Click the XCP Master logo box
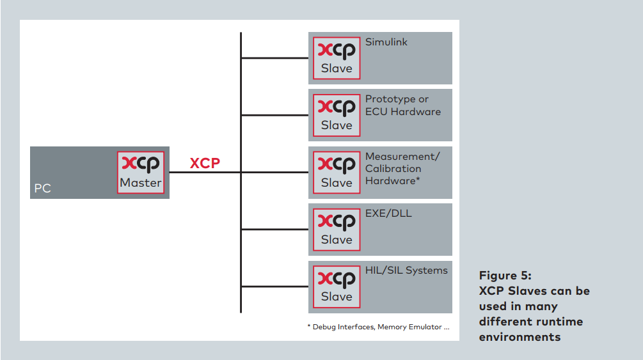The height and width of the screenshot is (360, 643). click(141, 173)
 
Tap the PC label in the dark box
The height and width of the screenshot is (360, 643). click(42, 189)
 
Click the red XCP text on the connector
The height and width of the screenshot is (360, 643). click(205, 163)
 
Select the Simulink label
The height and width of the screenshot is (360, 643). click(386, 42)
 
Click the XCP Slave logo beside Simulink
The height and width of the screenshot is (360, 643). click(337, 58)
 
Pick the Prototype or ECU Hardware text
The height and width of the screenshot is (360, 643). click(402, 106)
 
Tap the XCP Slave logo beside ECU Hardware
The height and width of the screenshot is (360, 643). click(337, 115)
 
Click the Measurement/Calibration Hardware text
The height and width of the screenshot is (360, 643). click(402, 169)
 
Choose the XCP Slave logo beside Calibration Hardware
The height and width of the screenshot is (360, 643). click(337, 173)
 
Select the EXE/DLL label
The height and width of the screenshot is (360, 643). click(388, 214)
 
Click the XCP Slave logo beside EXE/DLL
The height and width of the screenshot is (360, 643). click(337, 230)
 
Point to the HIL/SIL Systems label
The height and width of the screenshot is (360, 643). click(406, 270)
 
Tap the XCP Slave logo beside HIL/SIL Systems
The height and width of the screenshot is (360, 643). click(337, 286)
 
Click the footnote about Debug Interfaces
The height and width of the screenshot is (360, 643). click(377, 327)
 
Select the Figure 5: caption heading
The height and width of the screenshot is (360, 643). click(505, 276)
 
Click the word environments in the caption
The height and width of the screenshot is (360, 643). click(520, 337)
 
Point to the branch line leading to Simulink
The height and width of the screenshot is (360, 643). click(274, 58)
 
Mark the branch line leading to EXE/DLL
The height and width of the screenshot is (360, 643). click(274, 230)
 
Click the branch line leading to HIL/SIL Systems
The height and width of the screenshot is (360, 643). click(274, 286)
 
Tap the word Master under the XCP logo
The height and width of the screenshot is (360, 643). click(141, 184)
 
